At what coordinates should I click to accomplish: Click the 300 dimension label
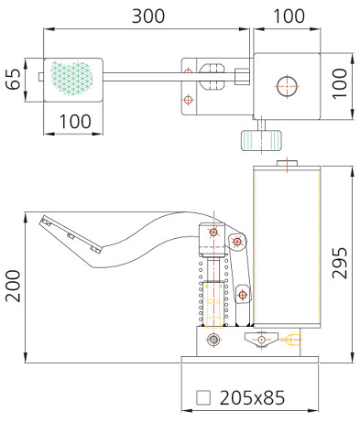(148, 16)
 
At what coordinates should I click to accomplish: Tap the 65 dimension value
(14, 80)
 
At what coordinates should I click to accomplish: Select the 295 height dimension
(340, 263)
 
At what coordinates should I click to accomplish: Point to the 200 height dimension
(13, 287)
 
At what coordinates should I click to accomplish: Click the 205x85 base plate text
(252, 397)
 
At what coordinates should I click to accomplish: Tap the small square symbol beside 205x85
(203, 397)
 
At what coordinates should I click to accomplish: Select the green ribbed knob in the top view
(261, 140)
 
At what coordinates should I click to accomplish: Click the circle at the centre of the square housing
(287, 86)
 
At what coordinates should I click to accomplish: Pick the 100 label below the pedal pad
(75, 122)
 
